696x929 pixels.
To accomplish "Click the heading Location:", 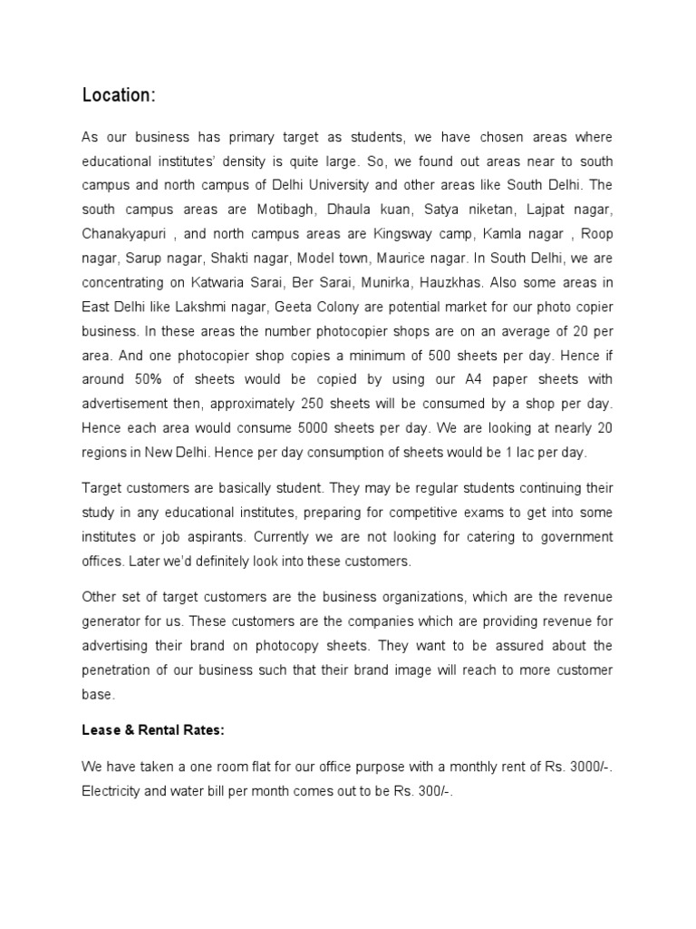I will (x=118, y=95).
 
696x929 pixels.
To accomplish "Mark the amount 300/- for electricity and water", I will (x=433, y=791).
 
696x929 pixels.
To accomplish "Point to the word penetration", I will (x=121, y=670).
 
